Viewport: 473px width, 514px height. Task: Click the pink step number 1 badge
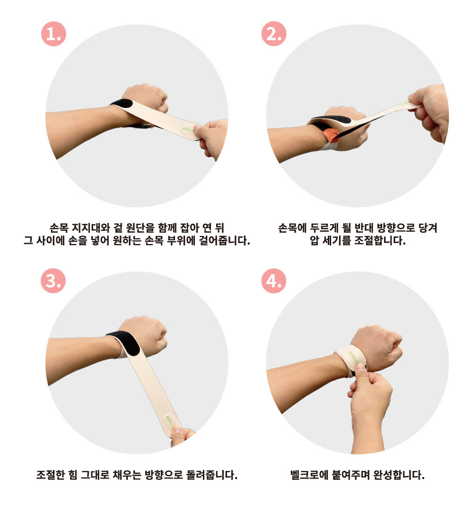(x=53, y=34)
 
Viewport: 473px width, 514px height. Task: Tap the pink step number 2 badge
(x=274, y=34)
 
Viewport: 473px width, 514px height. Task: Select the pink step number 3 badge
(x=53, y=280)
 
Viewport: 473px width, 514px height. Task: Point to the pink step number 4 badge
(x=274, y=280)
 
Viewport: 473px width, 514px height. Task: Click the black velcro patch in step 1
(x=122, y=104)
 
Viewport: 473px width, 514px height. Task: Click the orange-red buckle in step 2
(x=332, y=135)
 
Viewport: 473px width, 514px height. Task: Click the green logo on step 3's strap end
(x=169, y=422)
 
